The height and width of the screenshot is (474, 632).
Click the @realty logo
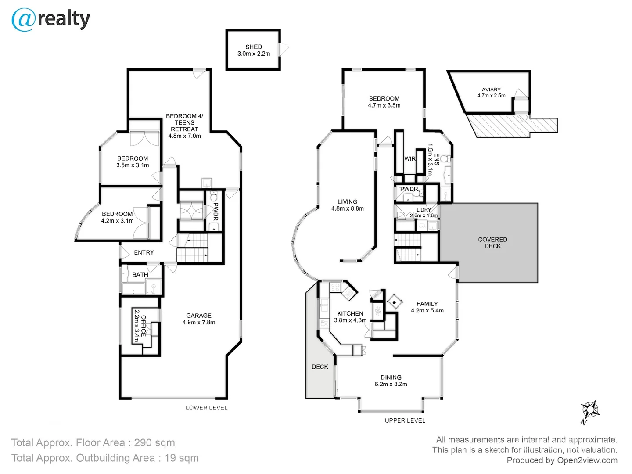pyautogui.click(x=50, y=20)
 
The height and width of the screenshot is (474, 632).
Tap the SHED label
pyautogui.click(x=254, y=47)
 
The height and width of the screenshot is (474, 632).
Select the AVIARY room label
pyautogui.click(x=491, y=90)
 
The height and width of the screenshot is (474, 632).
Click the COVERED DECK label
pyautogui.click(x=492, y=243)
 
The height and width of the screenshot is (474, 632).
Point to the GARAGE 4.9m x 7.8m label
pyautogui.click(x=199, y=319)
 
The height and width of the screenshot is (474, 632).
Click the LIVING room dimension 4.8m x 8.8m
pyautogui.click(x=347, y=208)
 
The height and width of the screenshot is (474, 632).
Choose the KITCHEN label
pyautogui.click(x=350, y=313)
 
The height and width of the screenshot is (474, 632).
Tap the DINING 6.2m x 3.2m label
pyautogui.click(x=391, y=381)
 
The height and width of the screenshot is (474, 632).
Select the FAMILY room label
pyautogui.click(x=427, y=304)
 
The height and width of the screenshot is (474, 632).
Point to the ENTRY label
pyautogui.click(x=144, y=252)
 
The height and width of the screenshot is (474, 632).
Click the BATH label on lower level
pyautogui.click(x=140, y=275)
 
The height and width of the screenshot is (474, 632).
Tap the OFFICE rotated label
pyautogui.click(x=143, y=325)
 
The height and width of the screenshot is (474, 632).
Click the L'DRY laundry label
pyautogui.click(x=424, y=210)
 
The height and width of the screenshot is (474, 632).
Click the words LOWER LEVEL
pyautogui.click(x=206, y=408)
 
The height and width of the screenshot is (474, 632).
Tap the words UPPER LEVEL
pyautogui.click(x=405, y=420)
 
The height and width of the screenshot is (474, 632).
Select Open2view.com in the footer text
pyautogui.click(x=587, y=460)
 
